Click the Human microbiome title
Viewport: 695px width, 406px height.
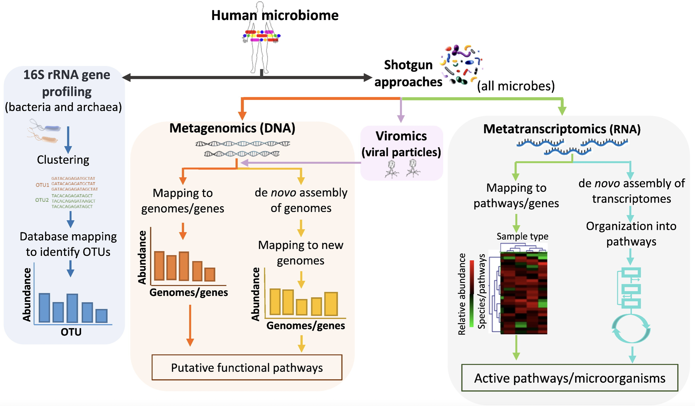point(275,15)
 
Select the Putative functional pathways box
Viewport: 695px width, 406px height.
point(247,367)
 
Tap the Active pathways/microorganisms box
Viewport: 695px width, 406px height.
point(570,378)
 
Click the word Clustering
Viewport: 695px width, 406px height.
point(63,160)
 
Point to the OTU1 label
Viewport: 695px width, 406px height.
point(42,185)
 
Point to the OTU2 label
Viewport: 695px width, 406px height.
point(42,200)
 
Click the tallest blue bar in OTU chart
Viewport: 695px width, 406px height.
point(72,308)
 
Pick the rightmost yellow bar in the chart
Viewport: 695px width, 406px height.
point(331,304)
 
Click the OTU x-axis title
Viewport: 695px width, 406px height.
point(71,332)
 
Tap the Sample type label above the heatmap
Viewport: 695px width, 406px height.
point(522,236)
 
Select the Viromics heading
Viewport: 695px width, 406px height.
point(401,136)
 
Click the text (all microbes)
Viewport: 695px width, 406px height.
point(516,86)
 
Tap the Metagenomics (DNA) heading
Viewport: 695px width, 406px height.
point(232,128)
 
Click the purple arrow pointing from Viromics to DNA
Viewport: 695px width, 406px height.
point(301,163)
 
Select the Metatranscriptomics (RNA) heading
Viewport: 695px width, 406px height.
point(562,129)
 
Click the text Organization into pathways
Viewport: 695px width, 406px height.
point(631,234)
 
